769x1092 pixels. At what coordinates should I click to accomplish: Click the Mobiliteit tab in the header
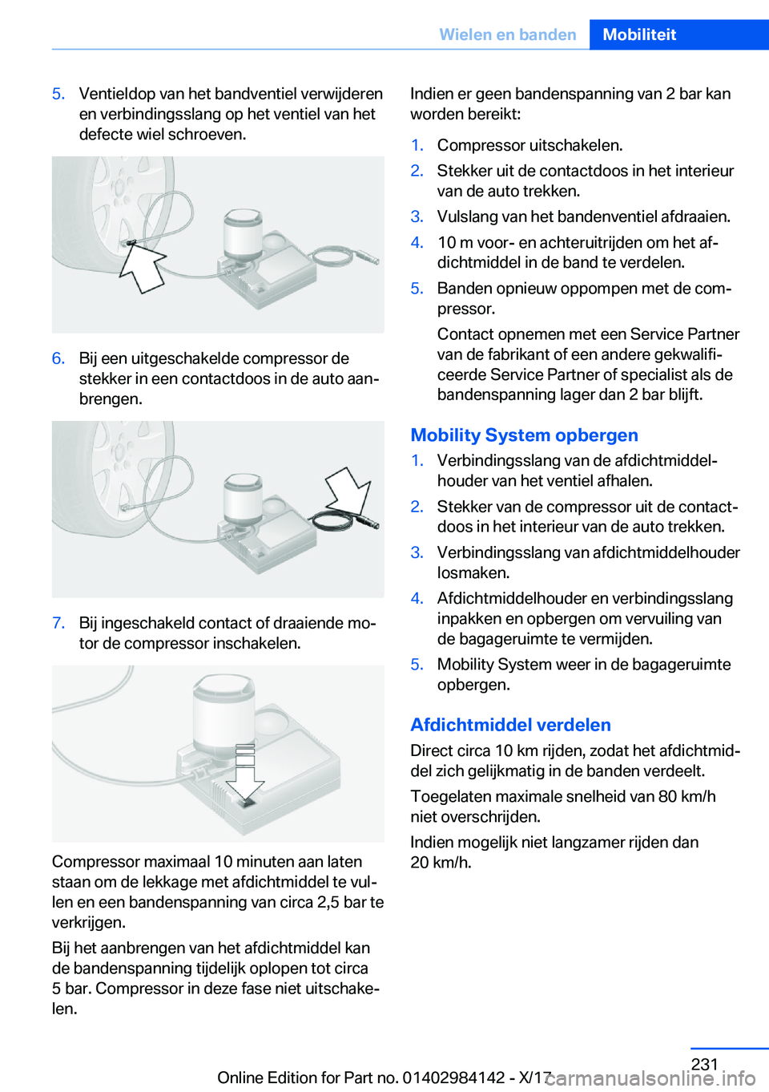tap(639, 34)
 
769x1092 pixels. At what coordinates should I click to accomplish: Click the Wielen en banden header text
tap(508, 34)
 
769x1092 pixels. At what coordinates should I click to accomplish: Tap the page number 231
tap(704, 1064)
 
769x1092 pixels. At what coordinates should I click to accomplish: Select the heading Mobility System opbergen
tap(524, 435)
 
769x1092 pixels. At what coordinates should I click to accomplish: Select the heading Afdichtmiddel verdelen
tap(510, 725)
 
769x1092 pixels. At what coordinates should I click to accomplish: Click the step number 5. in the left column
tap(58, 94)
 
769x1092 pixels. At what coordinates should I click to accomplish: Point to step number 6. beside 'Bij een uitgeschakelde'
tap(58, 358)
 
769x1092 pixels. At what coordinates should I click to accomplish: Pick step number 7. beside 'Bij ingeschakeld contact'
tap(58, 623)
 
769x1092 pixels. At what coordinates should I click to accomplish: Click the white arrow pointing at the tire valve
tap(143, 267)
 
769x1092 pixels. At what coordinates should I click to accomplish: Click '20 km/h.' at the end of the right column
tap(441, 863)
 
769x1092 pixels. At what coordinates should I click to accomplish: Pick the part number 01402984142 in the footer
tap(454, 1078)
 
